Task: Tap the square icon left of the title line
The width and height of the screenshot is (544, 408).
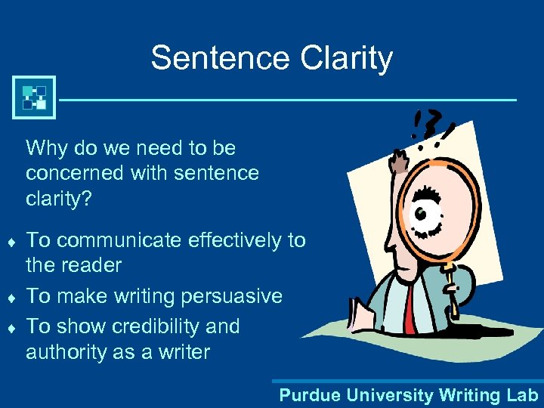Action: [x=34, y=98]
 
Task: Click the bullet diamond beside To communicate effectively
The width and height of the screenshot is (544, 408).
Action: [x=11, y=242]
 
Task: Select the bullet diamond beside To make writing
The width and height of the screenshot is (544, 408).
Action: [x=11, y=297]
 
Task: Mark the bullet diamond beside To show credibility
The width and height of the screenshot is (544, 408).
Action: [x=11, y=328]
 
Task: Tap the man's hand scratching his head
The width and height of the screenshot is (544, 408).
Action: [x=398, y=160]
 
